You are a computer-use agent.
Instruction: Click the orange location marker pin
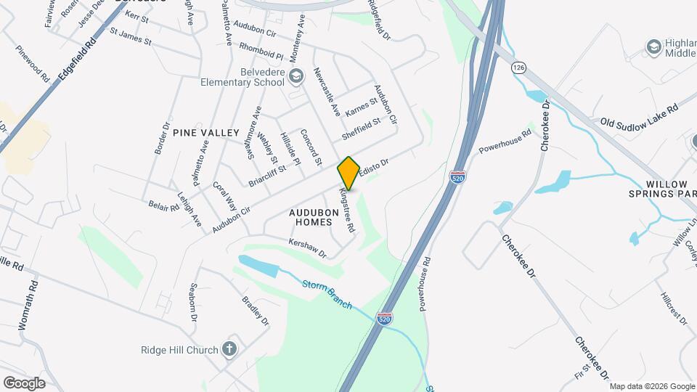[349, 173]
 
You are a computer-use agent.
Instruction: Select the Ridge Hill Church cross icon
[230, 349]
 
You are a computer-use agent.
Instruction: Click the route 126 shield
[518, 68]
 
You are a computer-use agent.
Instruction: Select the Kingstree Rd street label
[346, 210]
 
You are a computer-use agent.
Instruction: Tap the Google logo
[24, 383]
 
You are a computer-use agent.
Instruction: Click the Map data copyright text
[651, 386]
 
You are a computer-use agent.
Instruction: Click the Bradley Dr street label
[256, 311]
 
